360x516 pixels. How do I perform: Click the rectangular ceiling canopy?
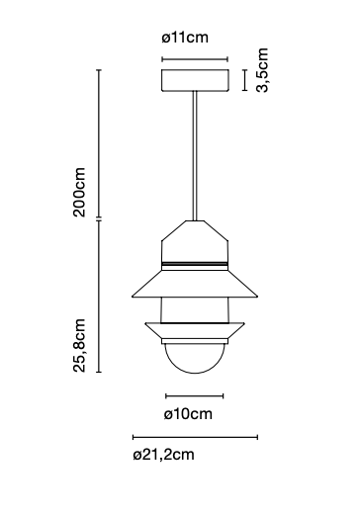(195, 79)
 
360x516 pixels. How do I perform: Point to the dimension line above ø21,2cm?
(195, 436)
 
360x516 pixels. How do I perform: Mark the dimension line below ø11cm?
(195, 58)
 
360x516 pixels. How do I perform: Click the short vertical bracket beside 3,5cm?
(244, 79)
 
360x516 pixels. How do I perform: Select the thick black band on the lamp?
(195, 265)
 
